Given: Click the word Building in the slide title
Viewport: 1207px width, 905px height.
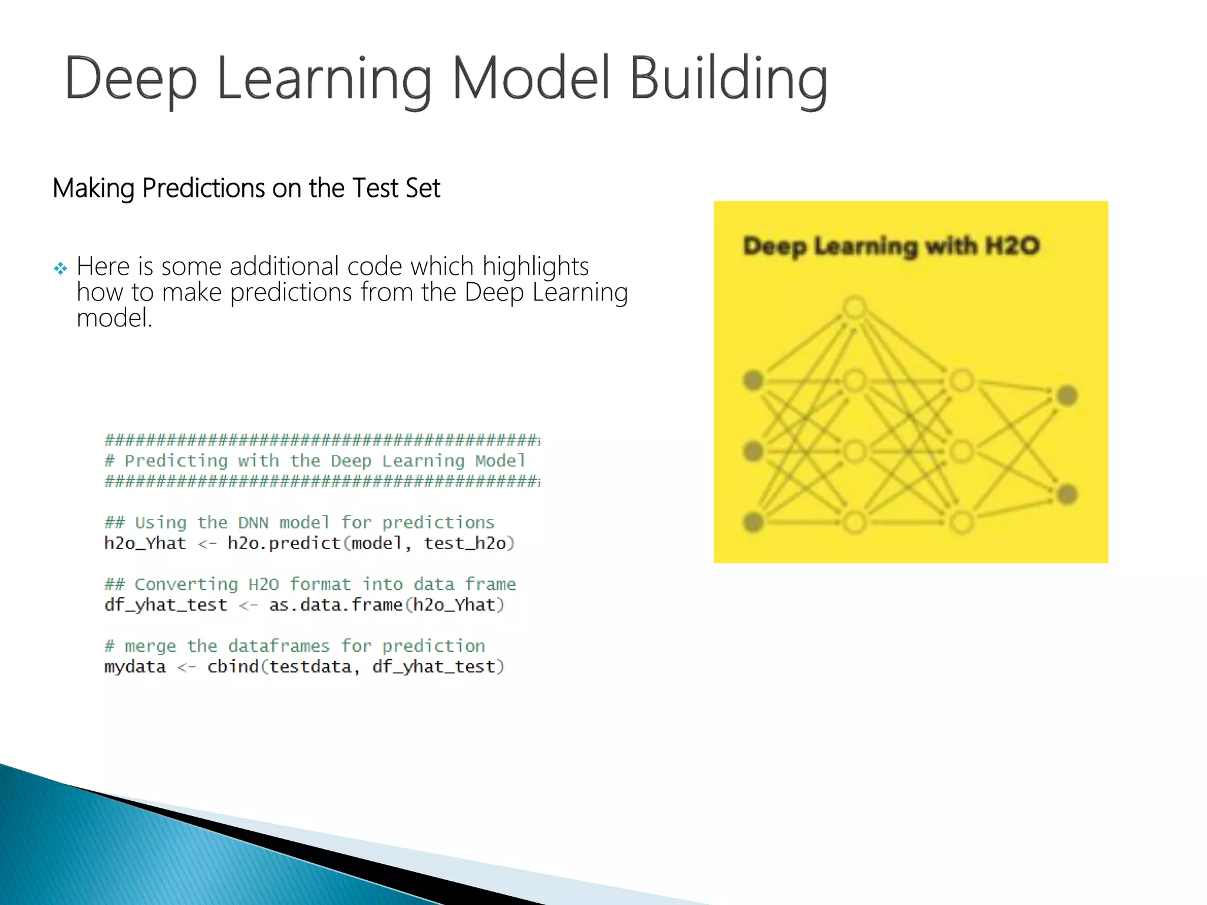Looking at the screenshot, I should coord(728,80).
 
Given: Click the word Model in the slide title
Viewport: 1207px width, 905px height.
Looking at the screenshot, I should coord(530,80).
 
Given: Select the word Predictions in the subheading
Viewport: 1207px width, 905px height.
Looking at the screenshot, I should coord(203,189).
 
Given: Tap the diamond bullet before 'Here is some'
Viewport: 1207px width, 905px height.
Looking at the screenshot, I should coord(60,269).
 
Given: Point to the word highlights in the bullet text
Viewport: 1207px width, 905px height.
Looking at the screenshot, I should coord(535,267).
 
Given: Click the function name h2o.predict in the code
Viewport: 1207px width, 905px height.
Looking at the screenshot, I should coord(284,543).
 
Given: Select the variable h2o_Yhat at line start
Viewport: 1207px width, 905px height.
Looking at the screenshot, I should coord(145,543).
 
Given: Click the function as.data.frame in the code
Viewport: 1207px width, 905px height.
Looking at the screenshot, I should coord(335,605).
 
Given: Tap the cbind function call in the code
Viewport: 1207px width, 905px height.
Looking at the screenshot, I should coord(233,667).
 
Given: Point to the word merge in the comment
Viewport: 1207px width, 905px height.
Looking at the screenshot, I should coord(150,646).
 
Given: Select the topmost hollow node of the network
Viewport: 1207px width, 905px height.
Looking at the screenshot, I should coord(855,308).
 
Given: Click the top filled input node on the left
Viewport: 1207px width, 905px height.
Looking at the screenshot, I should coord(753,381).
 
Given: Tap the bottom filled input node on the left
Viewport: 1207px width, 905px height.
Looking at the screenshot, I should coord(753,522).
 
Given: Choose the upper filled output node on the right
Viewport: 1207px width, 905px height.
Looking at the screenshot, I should coord(1067,395).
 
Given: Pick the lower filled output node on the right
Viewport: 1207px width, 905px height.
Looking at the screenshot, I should coord(1067,494).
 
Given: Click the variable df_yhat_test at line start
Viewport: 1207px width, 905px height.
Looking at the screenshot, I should coord(166,605).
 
